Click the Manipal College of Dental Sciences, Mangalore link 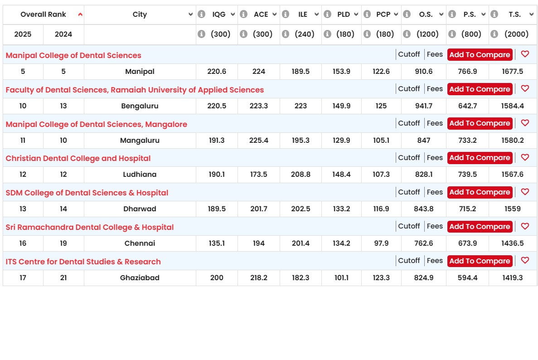(x=97, y=124)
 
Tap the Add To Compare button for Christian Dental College (x=480, y=158)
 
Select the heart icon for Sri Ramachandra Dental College (x=525, y=226)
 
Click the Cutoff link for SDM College (x=409, y=192)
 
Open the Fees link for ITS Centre (x=435, y=261)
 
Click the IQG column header (x=219, y=15)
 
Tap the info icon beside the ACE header (x=243, y=14)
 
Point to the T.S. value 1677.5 (x=512, y=71)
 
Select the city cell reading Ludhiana (x=140, y=175)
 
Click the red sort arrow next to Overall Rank (x=80, y=15)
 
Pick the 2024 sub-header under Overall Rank (x=63, y=34)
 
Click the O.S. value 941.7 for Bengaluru (x=424, y=106)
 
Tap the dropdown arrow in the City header (x=190, y=15)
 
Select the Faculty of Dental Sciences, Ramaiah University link (x=135, y=90)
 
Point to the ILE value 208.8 (x=301, y=175)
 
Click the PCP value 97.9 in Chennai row (x=381, y=243)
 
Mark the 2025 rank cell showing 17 (x=23, y=277)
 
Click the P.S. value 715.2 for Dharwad (x=467, y=209)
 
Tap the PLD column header (x=344, y=15)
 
